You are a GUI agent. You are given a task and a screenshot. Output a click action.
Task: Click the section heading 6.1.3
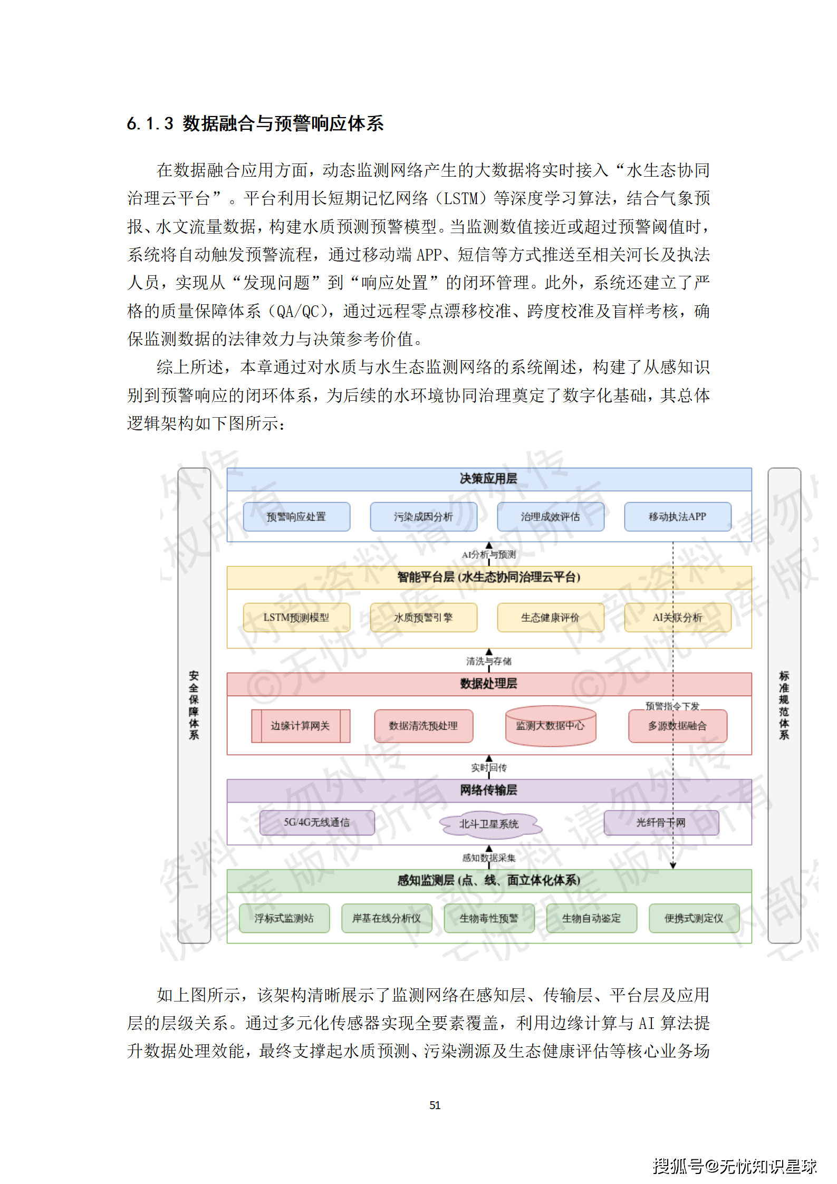255,124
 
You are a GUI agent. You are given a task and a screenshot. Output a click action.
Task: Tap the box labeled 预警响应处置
296,517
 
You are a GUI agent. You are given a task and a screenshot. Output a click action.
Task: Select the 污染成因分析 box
424,517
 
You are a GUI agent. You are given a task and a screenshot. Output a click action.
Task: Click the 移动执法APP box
677,517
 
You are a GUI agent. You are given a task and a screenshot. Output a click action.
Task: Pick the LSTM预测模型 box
296,618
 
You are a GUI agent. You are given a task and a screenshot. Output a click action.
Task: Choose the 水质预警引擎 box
424,618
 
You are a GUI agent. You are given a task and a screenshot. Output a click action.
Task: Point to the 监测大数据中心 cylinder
550,726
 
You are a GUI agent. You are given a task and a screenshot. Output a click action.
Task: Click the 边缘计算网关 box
300,726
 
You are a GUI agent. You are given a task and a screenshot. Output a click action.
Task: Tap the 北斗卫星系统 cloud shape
489,824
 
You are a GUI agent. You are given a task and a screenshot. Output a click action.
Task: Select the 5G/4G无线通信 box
317,822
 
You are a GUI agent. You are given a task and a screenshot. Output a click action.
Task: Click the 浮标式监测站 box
284,918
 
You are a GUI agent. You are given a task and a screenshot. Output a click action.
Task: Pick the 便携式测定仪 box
694,918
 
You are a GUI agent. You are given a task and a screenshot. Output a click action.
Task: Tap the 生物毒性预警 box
489,918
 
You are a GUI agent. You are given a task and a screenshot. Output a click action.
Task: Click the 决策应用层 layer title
488,479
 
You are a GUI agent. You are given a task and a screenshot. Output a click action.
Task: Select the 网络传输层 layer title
488,790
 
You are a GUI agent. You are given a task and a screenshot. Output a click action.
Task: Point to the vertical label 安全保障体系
194,705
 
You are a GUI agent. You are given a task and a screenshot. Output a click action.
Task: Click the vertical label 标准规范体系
784,705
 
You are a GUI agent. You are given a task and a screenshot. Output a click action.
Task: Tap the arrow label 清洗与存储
489,661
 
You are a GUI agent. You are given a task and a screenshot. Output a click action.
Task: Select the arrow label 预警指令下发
672,706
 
